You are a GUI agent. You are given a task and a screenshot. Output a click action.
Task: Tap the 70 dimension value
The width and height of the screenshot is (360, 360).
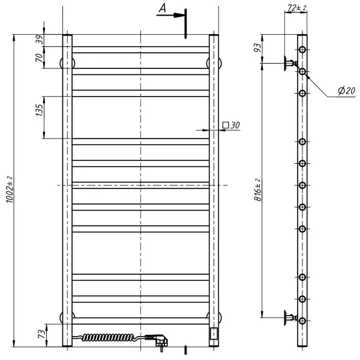tap(39, 58)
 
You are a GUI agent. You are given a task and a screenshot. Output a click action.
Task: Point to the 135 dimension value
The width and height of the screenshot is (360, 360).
tap(39, 110)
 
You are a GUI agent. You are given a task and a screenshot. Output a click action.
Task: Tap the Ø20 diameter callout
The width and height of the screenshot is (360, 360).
tap(346, 91)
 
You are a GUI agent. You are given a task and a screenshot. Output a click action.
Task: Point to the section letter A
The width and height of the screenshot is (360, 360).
tap(162, 8)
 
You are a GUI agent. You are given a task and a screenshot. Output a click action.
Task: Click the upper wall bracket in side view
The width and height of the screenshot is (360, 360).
tap(290, 62)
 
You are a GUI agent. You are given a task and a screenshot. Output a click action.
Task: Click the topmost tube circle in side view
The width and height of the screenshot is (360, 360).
tap(302, 49)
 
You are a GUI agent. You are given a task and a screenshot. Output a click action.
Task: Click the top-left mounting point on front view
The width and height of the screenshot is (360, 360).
tap(64, 62)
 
